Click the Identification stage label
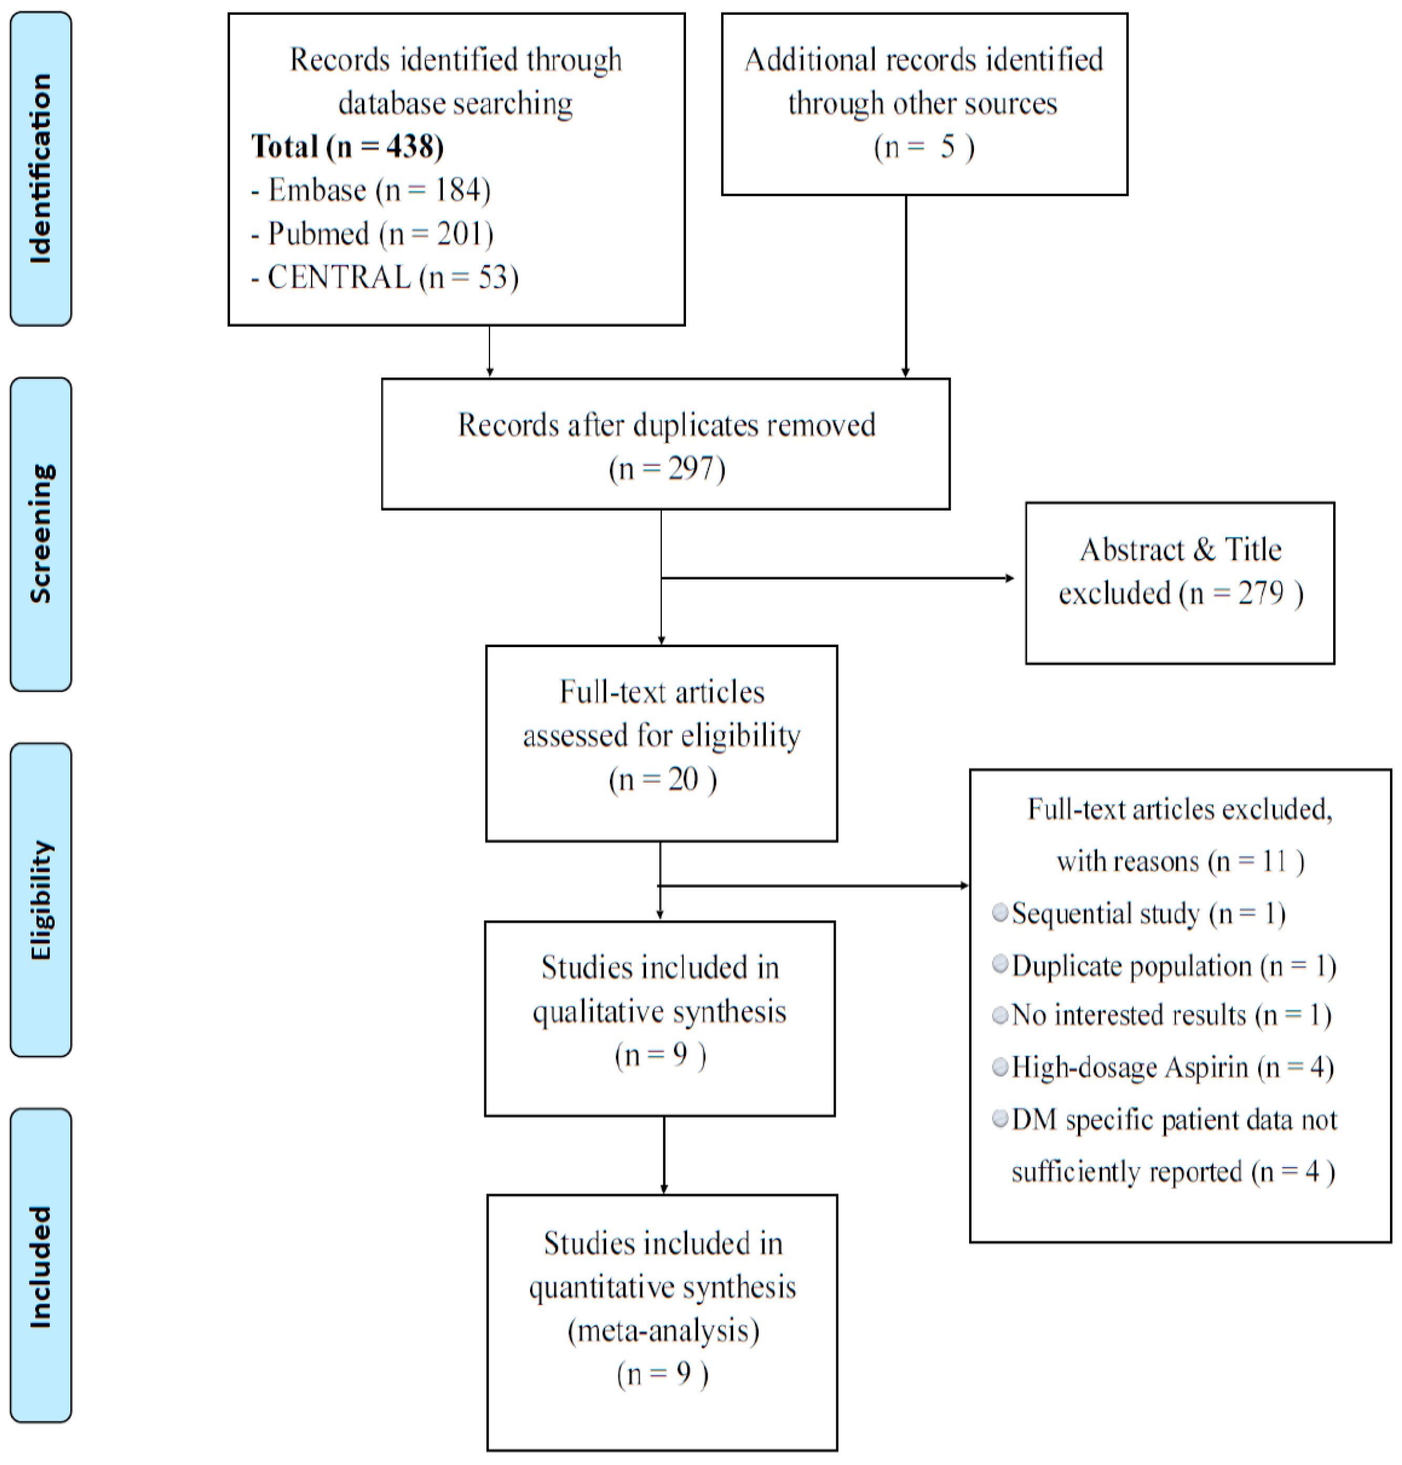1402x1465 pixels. [x=40, y=168]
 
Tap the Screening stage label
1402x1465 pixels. [x=40, y=534]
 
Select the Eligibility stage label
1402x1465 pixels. [x=40, y=899]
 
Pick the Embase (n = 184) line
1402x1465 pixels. [x=371, y=191]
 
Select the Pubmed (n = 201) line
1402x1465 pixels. [x=373, y=234]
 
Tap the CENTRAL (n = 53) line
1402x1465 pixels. [x=385, y=278]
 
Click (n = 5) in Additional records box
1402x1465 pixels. [x=923, y=147]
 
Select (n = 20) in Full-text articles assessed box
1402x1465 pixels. [x=662, y=780]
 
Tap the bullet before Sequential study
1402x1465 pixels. [x=1000, y=912]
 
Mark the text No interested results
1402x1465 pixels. [x=1128, y=1015]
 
